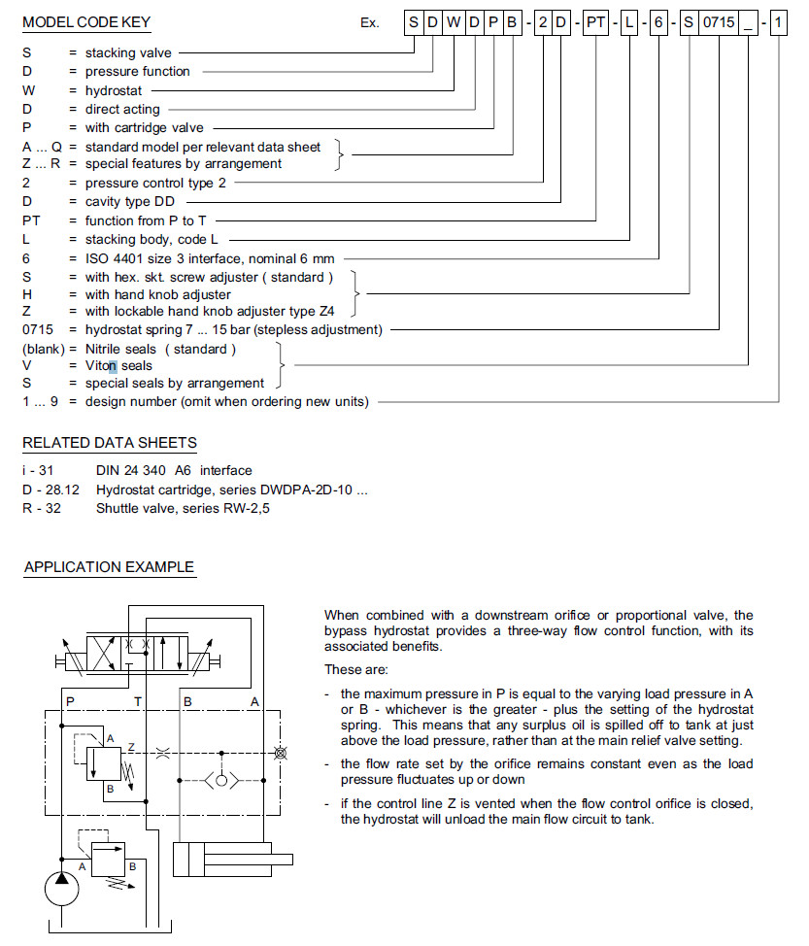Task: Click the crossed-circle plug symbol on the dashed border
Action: (x=282, y=752)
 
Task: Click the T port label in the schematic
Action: (x=138, y=700)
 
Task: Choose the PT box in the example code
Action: (x=595, y=21)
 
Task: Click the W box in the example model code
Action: (x=454, y=21)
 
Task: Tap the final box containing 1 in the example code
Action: (x=779, y=21)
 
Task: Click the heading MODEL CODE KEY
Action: (x=86, y=21)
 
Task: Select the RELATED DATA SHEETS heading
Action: (x=110, y=443)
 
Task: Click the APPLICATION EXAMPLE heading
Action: (x=109, y=567)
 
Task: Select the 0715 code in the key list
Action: (x=40, y=330)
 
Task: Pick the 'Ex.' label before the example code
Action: (x=369, y=22)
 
